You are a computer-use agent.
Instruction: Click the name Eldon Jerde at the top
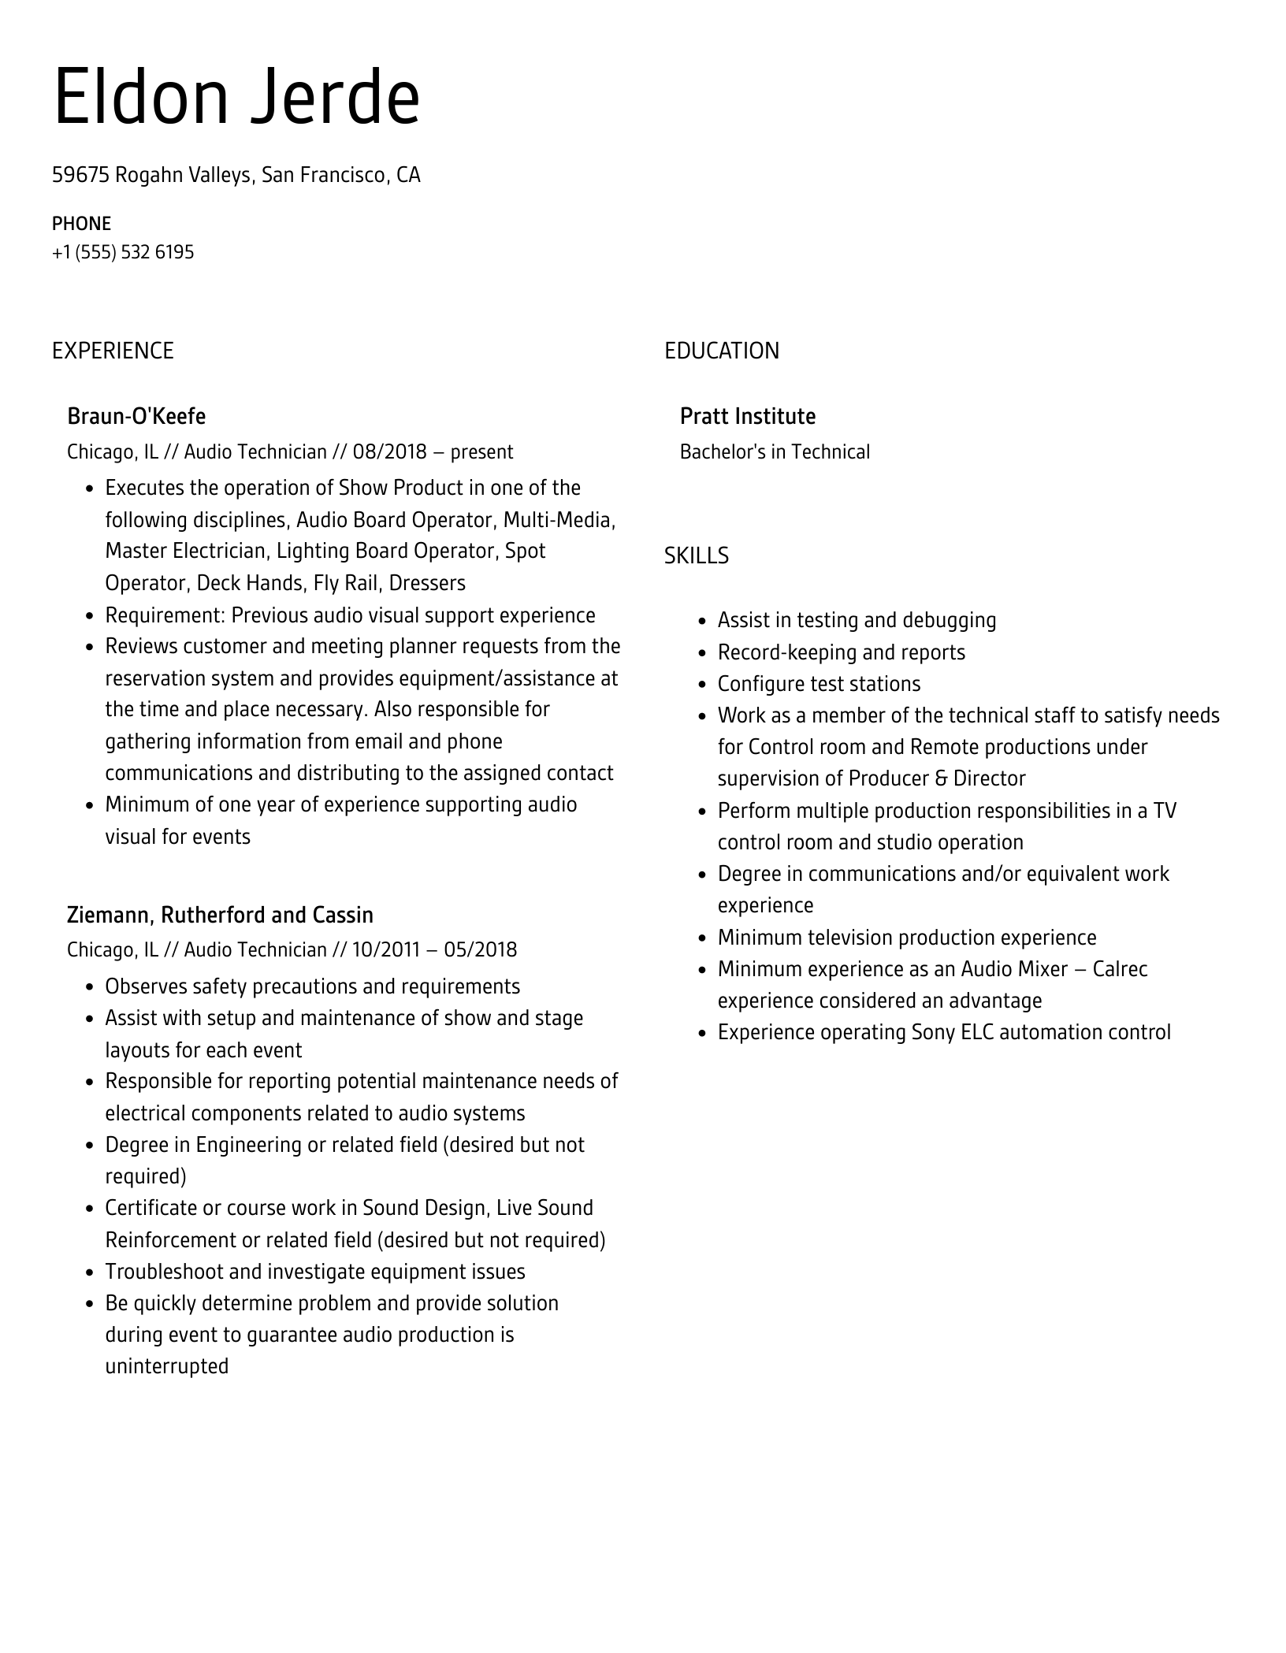tap(236, 98)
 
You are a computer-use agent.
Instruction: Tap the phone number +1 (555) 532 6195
tap(123, 252)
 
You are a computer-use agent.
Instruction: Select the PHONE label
tap(81, 224)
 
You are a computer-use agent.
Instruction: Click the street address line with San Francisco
tap(236, 175)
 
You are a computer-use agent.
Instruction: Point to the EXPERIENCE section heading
tap(113, 351)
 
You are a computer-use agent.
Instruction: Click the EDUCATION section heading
tap(721, 351)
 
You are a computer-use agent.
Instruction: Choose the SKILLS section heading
tap(696, 556)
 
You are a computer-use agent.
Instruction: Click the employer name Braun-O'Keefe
tap(136, 416)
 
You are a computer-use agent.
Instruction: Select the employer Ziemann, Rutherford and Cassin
tap(220, 915)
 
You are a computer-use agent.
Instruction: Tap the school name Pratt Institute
tap(747, 416)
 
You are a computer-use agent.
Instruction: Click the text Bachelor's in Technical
tap(775, 452)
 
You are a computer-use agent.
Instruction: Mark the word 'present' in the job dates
tap(481, 452)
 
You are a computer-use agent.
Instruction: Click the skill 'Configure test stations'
tap(819, 684)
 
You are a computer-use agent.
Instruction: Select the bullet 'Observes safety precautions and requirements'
tap(312, 986)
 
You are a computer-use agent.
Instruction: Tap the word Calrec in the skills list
tap(1120, 969)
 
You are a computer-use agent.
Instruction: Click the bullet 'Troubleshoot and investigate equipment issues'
tap(314, 1272)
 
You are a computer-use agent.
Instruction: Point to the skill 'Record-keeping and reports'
tap(841, 652)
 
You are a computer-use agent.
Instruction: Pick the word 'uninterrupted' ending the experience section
tap(167, 1366)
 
